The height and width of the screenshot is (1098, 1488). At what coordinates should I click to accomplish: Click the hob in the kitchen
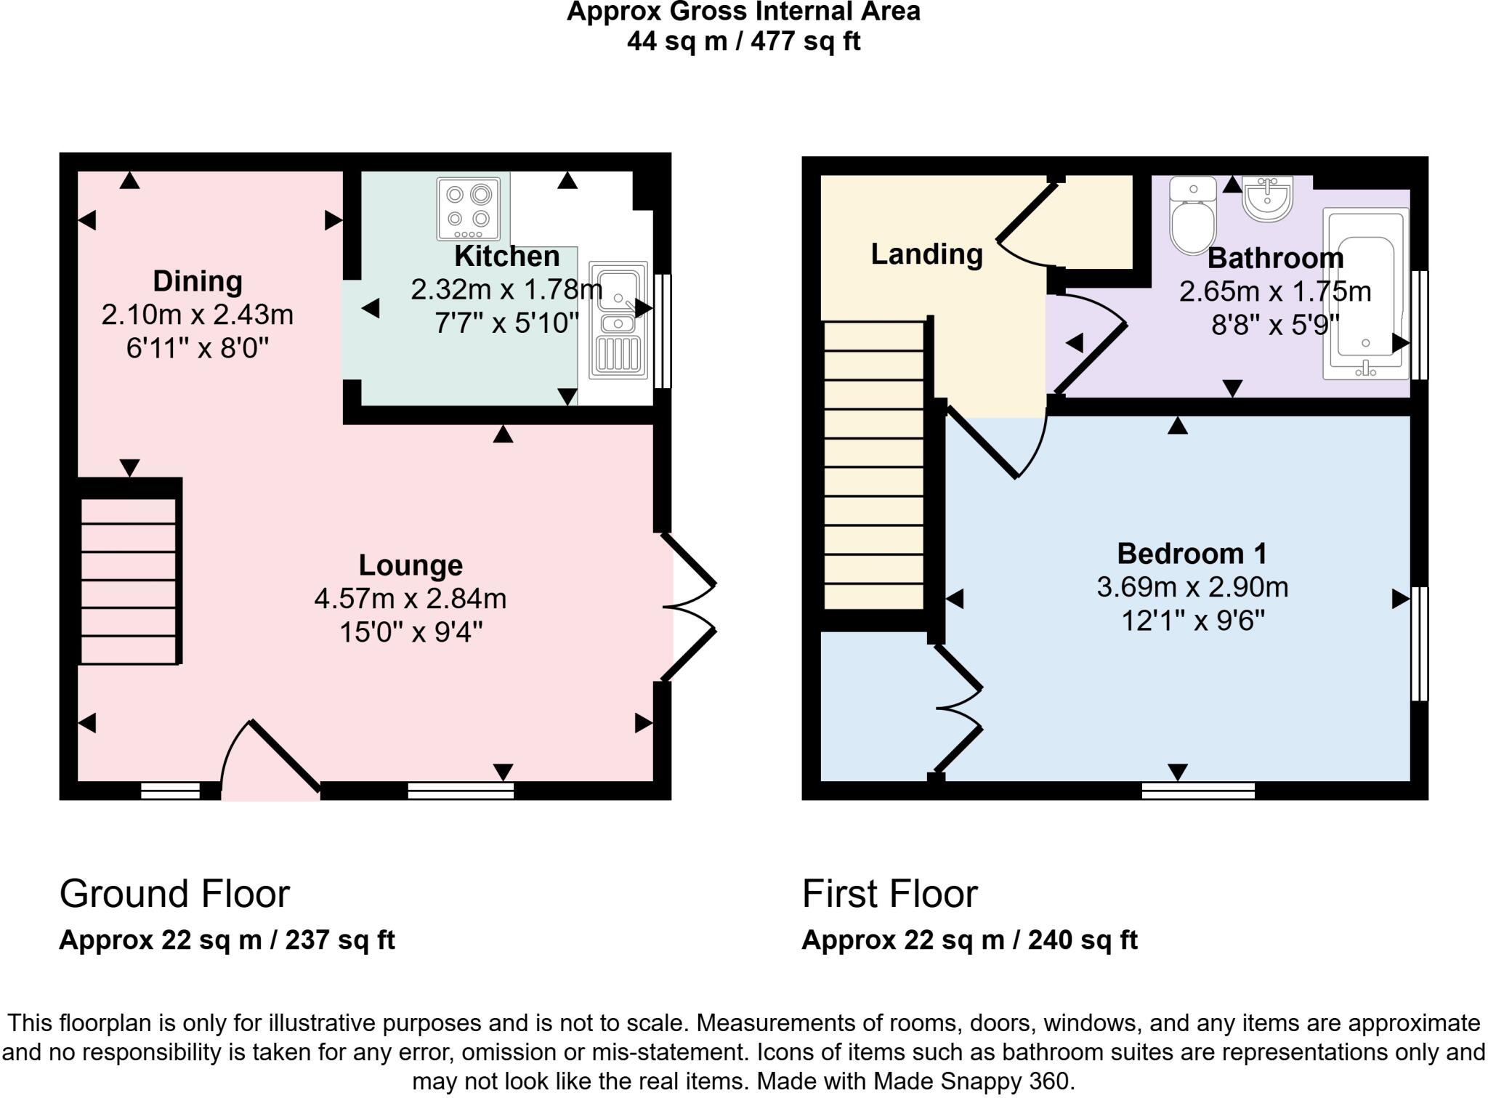[x=469, y=209]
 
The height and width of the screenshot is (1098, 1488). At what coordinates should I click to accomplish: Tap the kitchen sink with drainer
[x=618, y=320]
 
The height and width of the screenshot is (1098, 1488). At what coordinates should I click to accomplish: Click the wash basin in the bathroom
[x=1267, y=198]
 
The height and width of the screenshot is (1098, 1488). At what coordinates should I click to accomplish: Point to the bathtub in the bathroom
[x=1365, y=294]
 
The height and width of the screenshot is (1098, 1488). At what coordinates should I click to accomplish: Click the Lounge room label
[x=411, y=565]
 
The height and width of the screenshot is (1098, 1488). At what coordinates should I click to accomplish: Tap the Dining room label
[x=197, y=281]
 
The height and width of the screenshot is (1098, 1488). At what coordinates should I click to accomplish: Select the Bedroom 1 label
[x=1192, y=554]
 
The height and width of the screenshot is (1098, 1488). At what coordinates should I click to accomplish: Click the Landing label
[x=926, y=254]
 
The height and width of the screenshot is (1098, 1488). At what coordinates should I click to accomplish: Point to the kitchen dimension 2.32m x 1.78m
[x=506, y=290]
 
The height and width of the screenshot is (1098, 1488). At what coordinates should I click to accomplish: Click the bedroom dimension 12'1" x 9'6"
[x=1193, y=621]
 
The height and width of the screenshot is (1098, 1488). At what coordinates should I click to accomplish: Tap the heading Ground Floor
[x=174, y=894]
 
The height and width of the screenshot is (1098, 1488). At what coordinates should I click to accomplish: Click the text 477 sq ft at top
[x=805, y=41]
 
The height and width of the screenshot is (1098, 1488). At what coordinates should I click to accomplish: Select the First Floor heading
[x=889, y=894]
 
